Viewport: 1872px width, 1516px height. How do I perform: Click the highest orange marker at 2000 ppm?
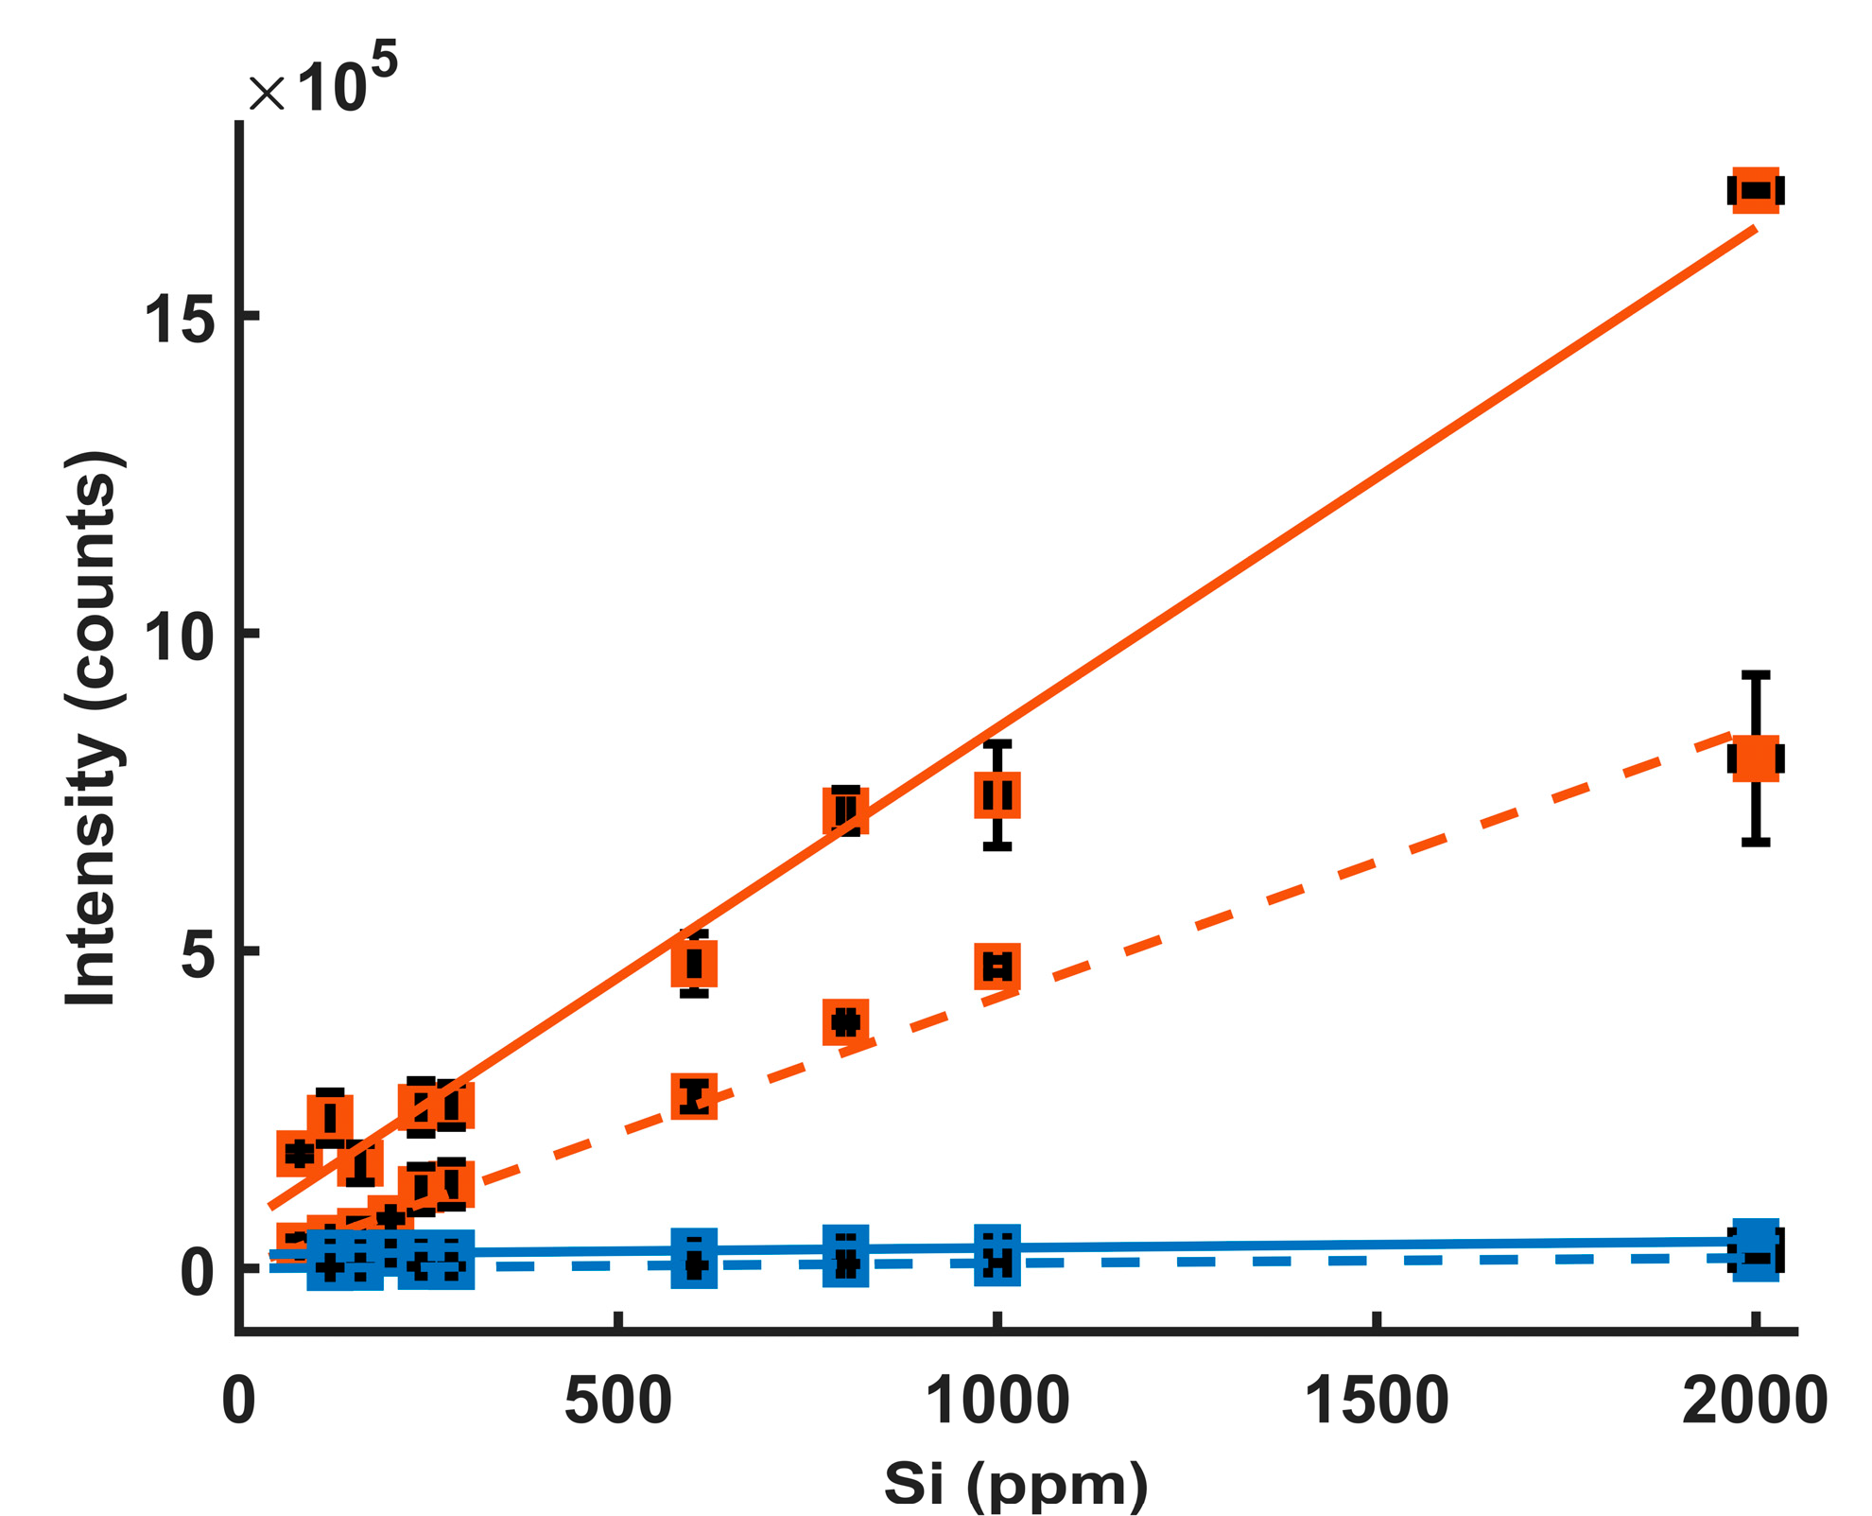(1756, 191)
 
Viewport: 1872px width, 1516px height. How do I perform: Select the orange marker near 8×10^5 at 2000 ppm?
(1756, 758)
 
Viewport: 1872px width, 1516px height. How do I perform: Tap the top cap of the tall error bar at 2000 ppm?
(1756, 674)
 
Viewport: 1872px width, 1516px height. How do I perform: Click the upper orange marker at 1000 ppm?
(997, 794)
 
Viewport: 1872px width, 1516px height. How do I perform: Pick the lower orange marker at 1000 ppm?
(997, 966)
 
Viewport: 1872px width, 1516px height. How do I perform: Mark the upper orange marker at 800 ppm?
(845, 810)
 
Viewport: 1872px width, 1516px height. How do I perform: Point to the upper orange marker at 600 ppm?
(694, 964)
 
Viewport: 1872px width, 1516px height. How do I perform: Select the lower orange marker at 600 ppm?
(694, 1096)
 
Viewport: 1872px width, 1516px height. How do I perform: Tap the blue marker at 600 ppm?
(694, 1258)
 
